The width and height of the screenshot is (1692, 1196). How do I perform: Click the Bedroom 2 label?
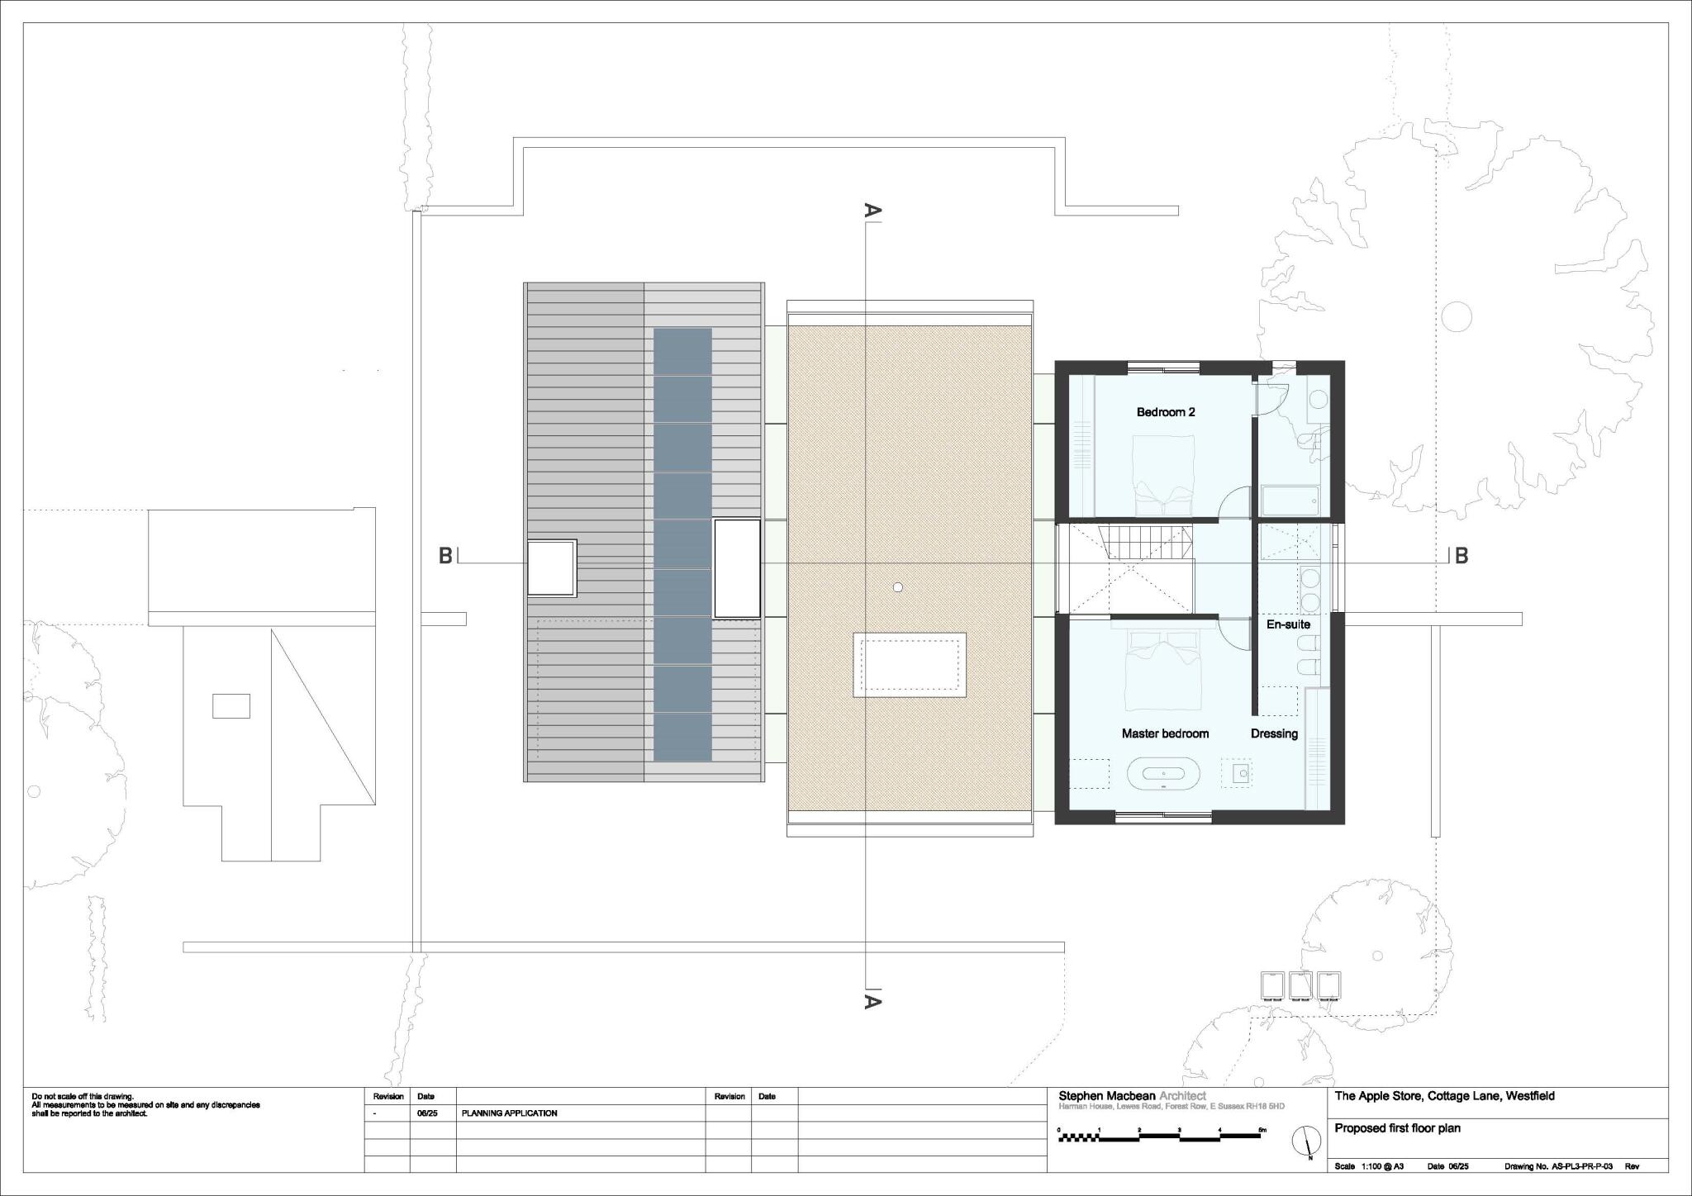1165,412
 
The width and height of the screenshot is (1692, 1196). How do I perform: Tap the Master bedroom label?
1165,733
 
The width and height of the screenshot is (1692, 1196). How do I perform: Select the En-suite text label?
1288,624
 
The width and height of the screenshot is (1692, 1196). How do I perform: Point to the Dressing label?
1274,733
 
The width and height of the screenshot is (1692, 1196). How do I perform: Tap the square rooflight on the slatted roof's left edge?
551,567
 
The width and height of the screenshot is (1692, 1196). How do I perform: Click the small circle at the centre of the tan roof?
898,587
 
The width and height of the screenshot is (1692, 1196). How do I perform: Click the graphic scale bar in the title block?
1159,1137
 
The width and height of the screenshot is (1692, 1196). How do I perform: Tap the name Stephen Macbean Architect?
1132,1096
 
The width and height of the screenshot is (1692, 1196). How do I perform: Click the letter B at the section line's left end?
445,556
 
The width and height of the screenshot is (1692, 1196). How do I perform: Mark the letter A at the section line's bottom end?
872,1002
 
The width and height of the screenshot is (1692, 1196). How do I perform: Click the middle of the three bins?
1300,985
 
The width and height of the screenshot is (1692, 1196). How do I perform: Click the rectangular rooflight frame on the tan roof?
910,665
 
